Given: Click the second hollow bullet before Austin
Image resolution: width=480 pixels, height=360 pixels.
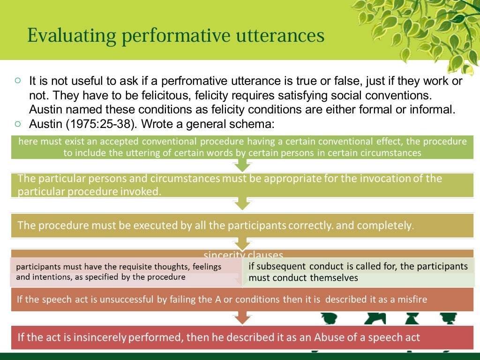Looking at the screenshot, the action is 18,124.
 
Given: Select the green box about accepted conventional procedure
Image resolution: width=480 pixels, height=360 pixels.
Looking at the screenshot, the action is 242,147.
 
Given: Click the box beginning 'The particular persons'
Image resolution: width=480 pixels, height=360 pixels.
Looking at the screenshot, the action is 242,185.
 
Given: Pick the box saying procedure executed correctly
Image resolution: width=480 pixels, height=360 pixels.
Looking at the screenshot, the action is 242,225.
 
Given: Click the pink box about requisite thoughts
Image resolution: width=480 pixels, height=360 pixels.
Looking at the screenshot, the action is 126,272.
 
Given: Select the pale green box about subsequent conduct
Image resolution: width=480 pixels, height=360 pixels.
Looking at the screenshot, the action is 359,272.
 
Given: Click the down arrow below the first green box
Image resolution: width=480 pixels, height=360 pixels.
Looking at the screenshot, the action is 242,165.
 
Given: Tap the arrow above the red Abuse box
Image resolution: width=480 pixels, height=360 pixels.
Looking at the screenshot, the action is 242,318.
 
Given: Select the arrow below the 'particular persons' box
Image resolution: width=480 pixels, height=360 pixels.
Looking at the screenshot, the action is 242,203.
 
